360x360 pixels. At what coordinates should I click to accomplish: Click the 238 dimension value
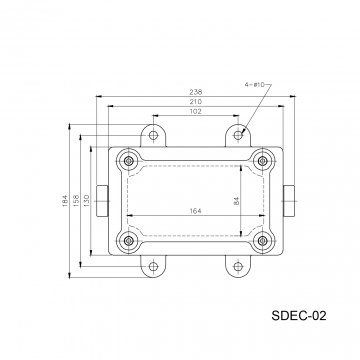(196, 92)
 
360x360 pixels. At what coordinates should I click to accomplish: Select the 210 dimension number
(196, 102)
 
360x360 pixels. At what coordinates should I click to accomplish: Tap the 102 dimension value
(196, 112)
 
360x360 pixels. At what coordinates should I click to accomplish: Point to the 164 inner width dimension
(196, 211)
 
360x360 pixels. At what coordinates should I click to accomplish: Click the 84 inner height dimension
(237, 201)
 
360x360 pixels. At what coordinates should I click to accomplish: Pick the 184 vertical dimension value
(65, 201)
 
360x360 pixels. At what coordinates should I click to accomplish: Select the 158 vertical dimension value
(76, 201)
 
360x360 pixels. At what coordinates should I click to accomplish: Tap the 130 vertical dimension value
(86, 201)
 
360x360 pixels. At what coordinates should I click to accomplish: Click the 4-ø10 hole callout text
(254, 85)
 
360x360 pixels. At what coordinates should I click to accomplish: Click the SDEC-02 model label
(299, 316)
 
